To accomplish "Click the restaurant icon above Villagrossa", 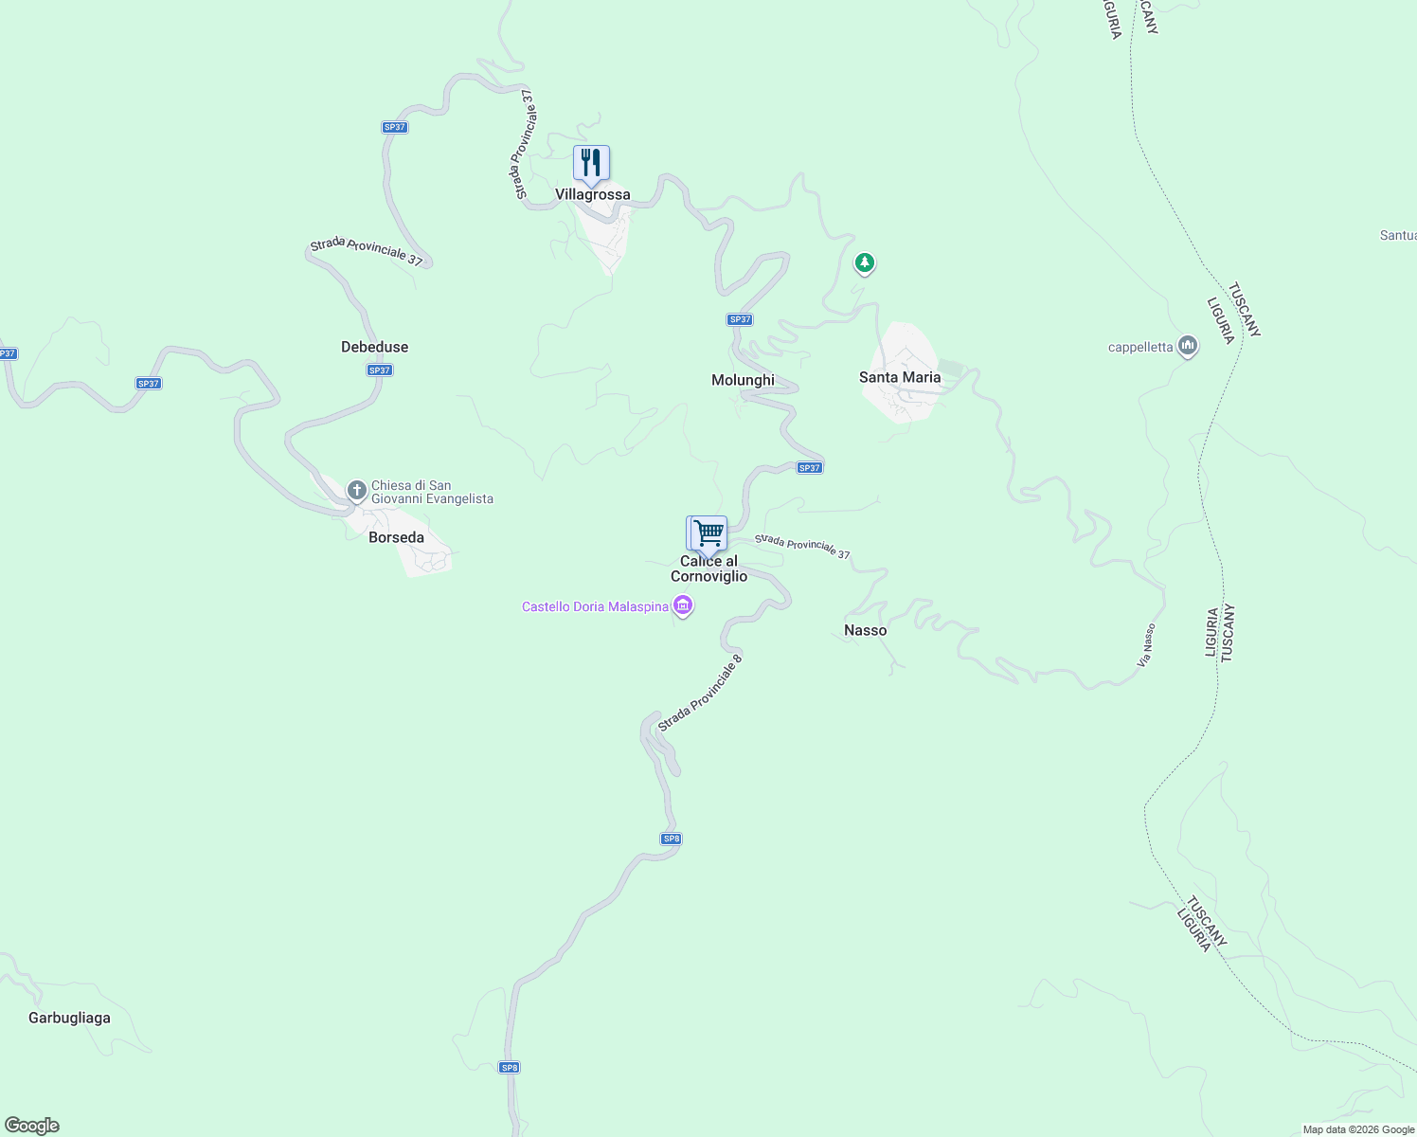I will [x=591, y=164].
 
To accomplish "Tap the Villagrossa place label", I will [x=592, y=194].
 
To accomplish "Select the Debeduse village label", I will [x=374, y=347].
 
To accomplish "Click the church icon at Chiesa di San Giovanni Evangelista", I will [x=357, y=490].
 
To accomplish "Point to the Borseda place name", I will [x=396, y=537].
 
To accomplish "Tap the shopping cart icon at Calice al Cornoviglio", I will [x=708, y=533].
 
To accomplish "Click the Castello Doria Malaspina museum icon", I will [x=683, y=605].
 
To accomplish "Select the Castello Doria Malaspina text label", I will [x=595, y=606].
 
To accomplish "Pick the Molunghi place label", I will [x=743, y=380].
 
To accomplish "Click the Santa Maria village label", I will [x=900, y=377].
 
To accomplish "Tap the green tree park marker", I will [x=864, y=262].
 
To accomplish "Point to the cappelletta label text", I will [x=1140, y=347].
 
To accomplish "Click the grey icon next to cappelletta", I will [x=1188, y=346].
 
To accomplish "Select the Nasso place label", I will [x=865, y=630].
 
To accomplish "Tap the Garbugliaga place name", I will [x=69, y=1018].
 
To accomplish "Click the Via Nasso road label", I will [x=1146, y=644].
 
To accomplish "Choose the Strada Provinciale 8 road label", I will [x=700, y=692].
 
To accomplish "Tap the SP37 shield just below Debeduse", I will [x=380, y=370].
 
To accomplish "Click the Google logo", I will [x=32, y=1126].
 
